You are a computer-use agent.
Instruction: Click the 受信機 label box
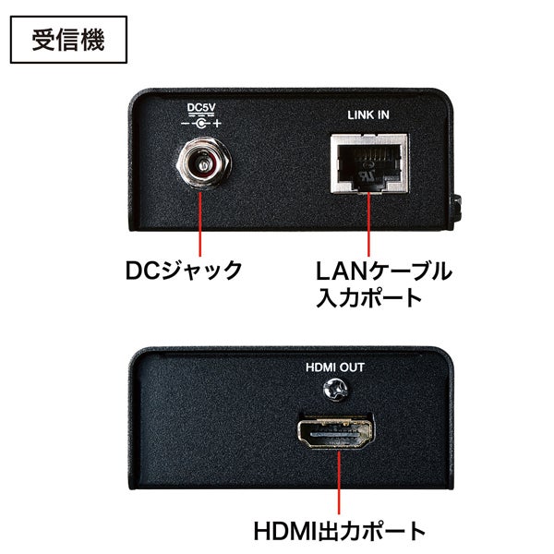(x=66, y=40)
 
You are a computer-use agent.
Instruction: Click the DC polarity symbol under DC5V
(x=200, y=123)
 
